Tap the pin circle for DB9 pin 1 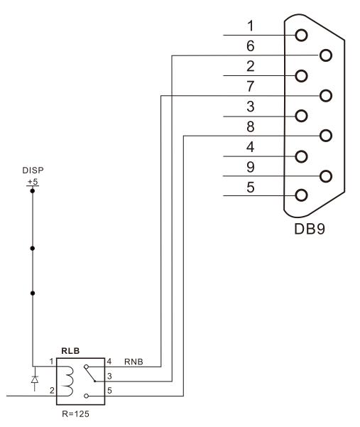302,36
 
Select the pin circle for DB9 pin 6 326,55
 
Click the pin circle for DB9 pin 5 302,195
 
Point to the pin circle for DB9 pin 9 326,176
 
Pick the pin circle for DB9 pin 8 326,136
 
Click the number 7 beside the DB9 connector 251,87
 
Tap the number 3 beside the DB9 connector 251,107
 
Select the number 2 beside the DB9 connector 251,66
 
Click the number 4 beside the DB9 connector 251,147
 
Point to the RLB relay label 70,351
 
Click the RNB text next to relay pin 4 133,362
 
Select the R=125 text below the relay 76,414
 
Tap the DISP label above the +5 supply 33,171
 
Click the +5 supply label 33,182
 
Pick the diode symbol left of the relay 35,379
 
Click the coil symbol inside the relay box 68,381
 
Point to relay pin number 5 109,391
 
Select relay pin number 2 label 52,391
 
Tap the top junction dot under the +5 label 33,191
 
